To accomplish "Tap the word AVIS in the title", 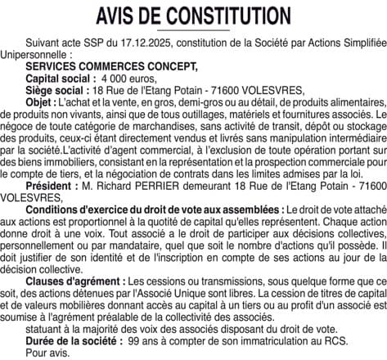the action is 118,16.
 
